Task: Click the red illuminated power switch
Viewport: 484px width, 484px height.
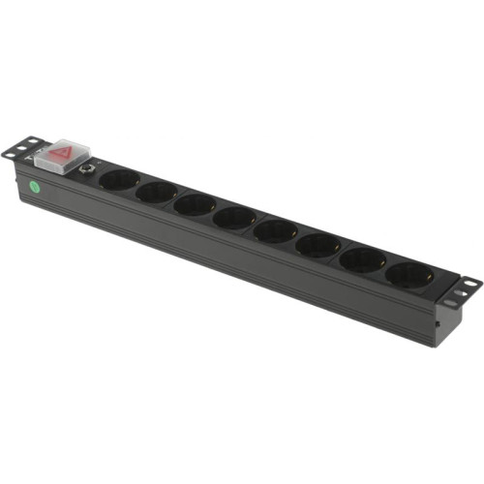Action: point(63,153)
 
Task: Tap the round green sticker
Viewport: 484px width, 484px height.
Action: point(35,187)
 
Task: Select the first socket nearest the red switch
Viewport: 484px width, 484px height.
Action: point(119,180)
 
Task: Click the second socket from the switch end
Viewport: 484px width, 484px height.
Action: point(156,193)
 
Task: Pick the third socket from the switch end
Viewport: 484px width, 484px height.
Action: point(195,205)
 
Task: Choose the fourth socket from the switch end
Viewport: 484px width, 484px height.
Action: point(234,218)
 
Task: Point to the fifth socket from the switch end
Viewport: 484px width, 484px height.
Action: point(276,231)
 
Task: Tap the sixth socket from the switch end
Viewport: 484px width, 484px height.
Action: point(318,246)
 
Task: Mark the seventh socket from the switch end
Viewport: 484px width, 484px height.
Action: point(363,260)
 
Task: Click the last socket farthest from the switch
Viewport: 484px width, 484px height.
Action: point(408,276)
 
